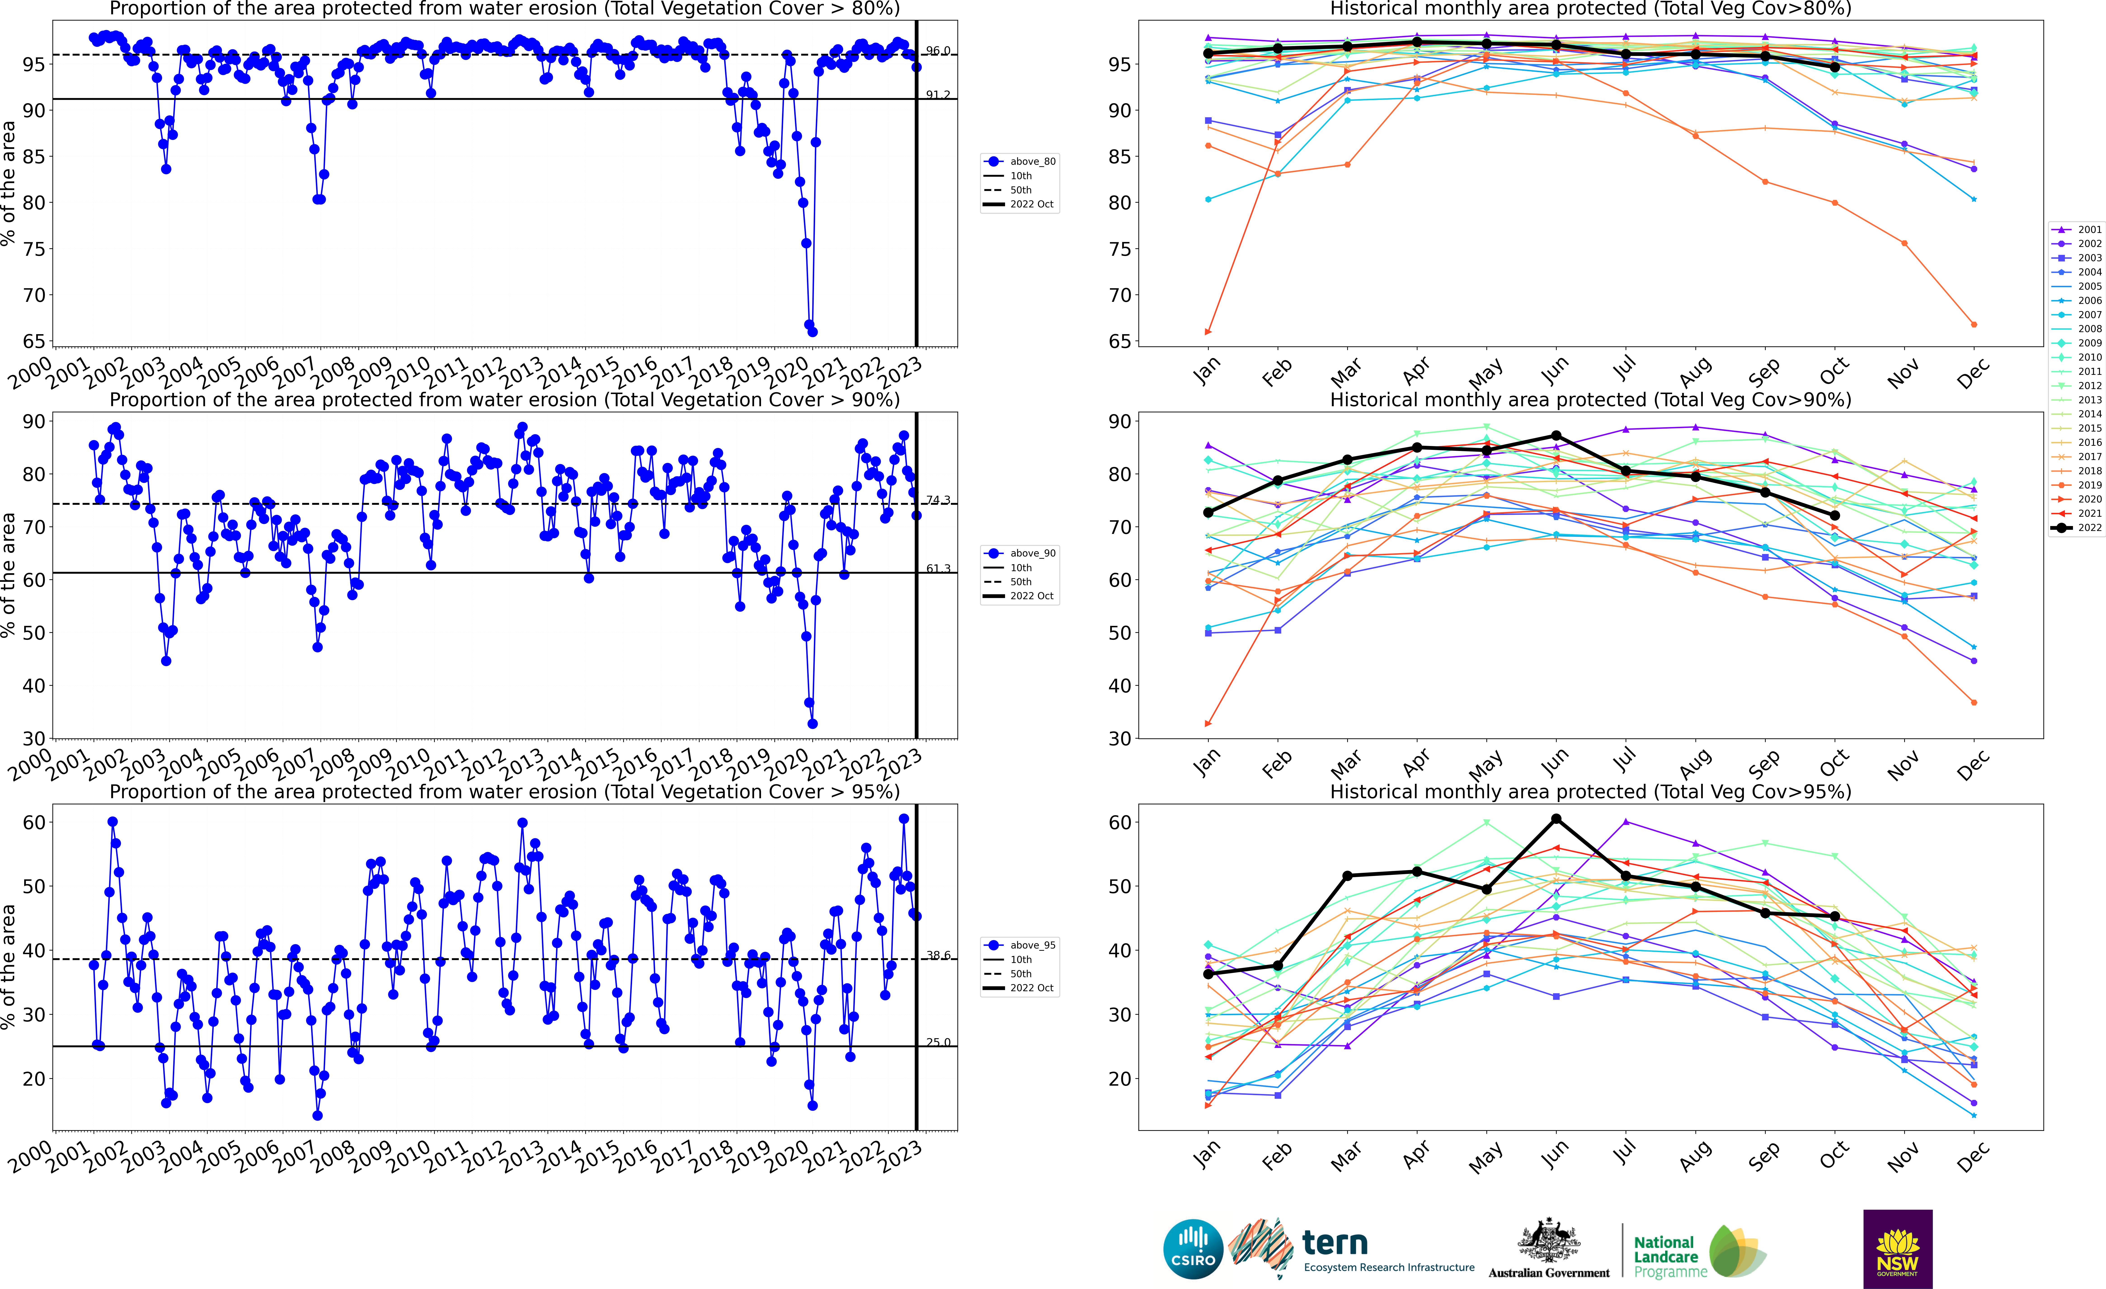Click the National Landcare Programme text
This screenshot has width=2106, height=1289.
pyautogui.click(x=1665, y=1256)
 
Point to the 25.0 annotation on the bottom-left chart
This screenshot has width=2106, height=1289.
pyautogui.click(x=938, y=1042)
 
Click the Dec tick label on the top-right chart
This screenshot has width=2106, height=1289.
pyautogui.click(x=1973, y=373)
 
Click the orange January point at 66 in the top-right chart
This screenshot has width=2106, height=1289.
pyautogui.click(x=1208, y=332)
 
